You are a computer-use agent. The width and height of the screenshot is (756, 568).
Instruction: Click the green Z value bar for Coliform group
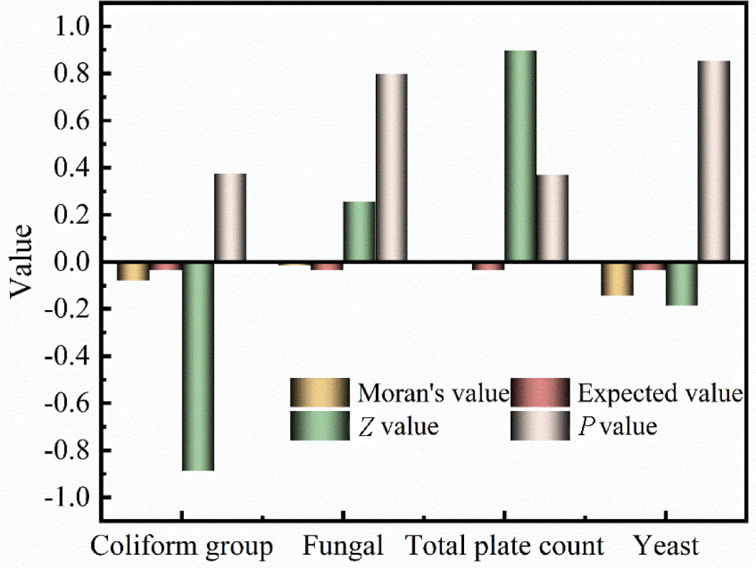coord(198,366)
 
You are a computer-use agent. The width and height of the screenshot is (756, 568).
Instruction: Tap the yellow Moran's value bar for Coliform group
coord(134,271)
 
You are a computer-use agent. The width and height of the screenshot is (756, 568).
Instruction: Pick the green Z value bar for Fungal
coord(359,232)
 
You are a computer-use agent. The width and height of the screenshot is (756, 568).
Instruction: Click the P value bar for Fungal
coord(391,168)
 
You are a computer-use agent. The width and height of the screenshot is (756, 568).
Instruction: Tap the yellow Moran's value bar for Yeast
coord(617,279)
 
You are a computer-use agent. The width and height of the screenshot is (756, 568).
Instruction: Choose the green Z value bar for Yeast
coord(681,284)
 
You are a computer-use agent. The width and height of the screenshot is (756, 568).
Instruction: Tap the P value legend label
coord(617,427)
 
